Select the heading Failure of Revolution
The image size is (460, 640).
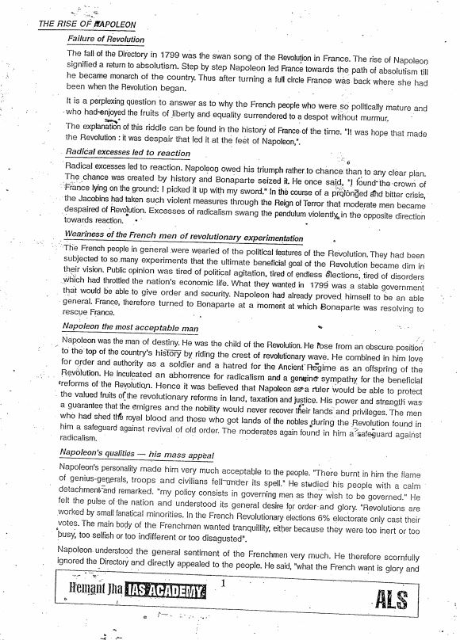[x=105, y=39]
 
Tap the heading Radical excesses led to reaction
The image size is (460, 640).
[x=128, y=153]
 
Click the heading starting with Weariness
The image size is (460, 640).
[x=183, y=238]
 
